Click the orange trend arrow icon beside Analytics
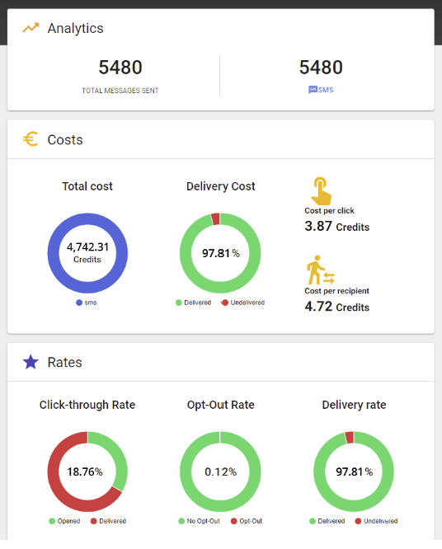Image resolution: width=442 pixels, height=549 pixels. (x=31, y=28)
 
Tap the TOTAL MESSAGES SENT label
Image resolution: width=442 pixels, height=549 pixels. (x=120, y=91)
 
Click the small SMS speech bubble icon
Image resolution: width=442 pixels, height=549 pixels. (x=313, y=90)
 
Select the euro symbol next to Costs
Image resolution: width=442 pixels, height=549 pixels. (x=31, y=139)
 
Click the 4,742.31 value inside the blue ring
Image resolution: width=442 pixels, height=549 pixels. (x=87, y=247)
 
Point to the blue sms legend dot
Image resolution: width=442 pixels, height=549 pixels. (x=79, y=303)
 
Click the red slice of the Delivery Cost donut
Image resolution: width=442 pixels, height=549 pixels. (x=215, y=218)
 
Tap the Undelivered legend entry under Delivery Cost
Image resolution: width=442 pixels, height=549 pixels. (x=243, y=303)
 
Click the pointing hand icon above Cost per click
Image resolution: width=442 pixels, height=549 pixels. (x=321, y=190)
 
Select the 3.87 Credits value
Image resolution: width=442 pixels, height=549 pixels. (x=337, y=227)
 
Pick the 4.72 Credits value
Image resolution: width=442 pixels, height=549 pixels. (x=337, y=307)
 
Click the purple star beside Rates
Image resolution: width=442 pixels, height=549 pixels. (x=31, y=362)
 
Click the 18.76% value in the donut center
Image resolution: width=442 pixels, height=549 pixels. (x=85, y=472)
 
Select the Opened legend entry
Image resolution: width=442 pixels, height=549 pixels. (x=65, y=521)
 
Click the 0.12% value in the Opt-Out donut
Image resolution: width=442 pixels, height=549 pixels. (x=221, y=472)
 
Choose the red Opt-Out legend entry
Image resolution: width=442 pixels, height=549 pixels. (x=247, y=521)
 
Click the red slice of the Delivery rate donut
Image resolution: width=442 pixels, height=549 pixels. (x=349, y=438)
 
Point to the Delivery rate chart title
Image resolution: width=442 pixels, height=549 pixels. (x=354, y=405)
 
